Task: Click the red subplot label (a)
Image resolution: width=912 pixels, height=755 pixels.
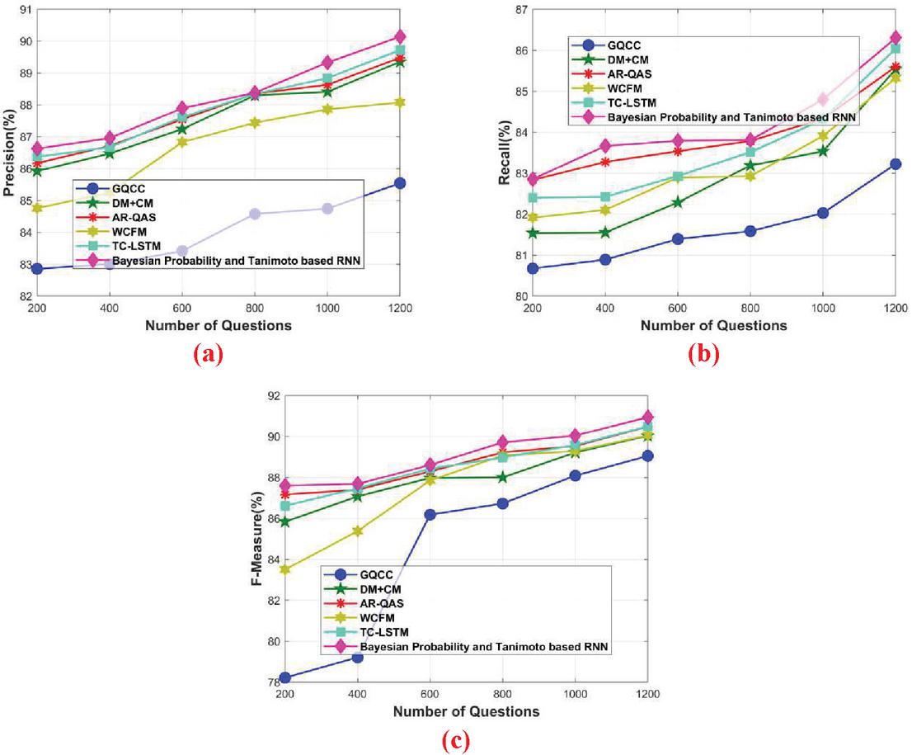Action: click(207, 355)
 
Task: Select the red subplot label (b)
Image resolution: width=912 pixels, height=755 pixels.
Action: click(703, 355)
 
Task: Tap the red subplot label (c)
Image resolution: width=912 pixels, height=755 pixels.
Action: click(455, 741)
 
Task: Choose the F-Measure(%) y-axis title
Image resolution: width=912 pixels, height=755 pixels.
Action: click(257, 538)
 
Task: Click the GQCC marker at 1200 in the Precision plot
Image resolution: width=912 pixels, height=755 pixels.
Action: click(399, 183)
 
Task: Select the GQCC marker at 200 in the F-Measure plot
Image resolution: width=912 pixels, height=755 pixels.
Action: click(284, 677)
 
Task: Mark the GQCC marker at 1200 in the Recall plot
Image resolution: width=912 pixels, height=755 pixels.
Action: click(895, 164)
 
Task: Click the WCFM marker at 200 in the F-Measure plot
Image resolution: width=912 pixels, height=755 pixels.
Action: click(284, 569)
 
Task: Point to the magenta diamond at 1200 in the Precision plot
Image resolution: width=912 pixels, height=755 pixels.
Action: click(399, 36)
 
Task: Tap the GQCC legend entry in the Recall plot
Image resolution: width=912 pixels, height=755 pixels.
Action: click(625, 45)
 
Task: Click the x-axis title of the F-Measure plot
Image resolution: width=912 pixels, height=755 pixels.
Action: click(466, 711)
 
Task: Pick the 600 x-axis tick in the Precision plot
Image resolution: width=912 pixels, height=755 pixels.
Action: click(181, 308)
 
